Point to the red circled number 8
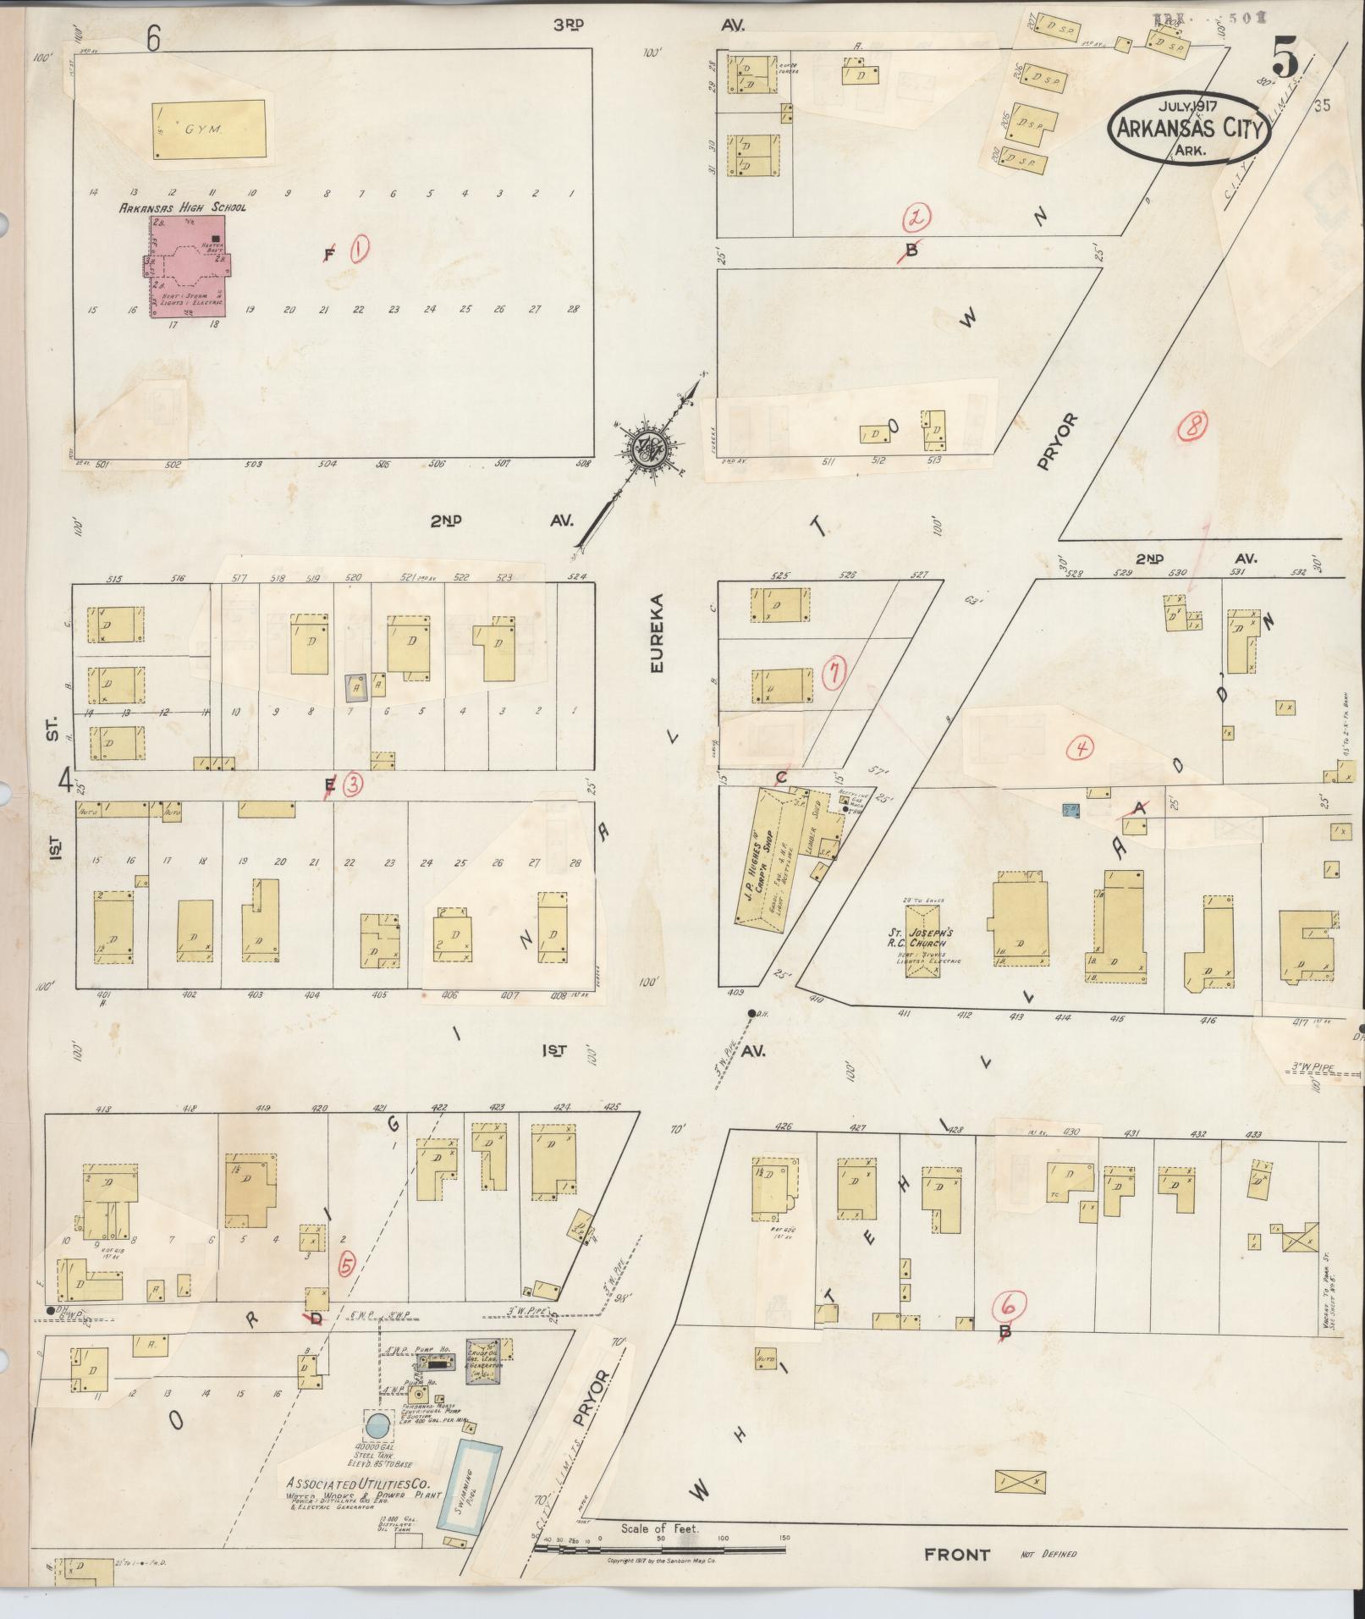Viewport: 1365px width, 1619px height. click(x=1193, y=427)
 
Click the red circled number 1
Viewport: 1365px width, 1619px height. click(x=360, y=248)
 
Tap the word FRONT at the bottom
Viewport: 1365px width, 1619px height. click(x=956, y=1554)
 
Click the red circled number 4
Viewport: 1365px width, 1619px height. click(x=1081, y=747)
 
